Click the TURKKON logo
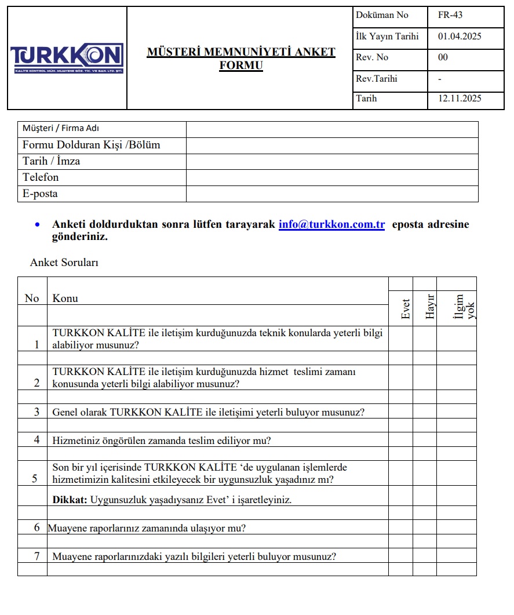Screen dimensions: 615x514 pos(67,58)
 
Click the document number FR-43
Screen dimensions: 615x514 pos(450,16)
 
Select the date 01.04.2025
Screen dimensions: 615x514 pos(460,37)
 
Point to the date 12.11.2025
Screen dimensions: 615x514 pos(460,99)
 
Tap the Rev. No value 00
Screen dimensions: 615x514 pos(443,57)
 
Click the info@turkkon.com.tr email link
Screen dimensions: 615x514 pos(331,225)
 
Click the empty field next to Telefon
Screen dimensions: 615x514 pos(332,177)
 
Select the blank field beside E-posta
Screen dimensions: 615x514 pos(332,194)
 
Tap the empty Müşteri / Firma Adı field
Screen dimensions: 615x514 pos(332,129)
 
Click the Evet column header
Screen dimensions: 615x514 pos(406,308)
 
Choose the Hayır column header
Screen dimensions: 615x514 pos(430,308)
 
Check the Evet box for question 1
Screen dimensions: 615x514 pos(400,339)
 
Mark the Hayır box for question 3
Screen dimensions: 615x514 pos(424,412)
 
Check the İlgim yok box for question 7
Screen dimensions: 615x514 pos(456,556)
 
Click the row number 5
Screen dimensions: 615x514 pos(35,479)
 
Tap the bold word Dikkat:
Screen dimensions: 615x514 pos(70,500)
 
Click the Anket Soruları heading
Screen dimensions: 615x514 pos(64,263)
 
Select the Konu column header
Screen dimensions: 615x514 pos(65,299)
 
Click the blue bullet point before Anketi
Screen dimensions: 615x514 pos(38,225)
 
